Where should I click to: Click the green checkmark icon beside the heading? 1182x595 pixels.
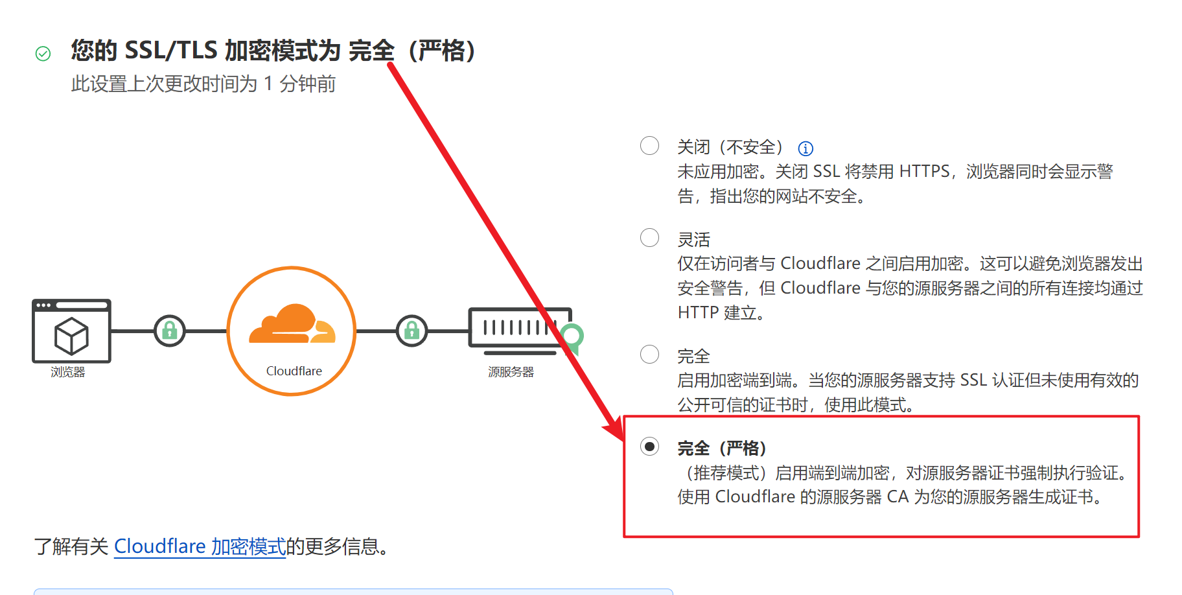click(43, 54)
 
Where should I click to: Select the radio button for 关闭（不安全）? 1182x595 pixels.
click(649, 145)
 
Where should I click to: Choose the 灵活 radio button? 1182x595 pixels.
click(649, 238)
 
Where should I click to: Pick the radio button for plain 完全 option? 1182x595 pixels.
click(649, 355)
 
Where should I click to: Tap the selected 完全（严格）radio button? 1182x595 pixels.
click(649, 447)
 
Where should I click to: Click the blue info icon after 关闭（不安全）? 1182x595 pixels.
click(805, 148)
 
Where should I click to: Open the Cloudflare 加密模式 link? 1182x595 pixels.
click(200, 546)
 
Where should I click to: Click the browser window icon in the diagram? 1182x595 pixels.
click(71, 331)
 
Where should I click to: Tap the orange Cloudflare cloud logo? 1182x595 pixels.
click(292, 323)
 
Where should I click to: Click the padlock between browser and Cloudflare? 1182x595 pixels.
click(170, 331)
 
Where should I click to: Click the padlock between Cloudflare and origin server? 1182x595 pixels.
click(411, 331)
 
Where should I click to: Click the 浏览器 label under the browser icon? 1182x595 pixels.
click(68, 372)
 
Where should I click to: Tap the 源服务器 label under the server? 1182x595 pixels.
click(511, 372)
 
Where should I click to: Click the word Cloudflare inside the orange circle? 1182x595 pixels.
click(294, 371)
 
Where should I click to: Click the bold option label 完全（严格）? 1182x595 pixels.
click(722, 448)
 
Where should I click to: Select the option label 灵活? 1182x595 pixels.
click(693, 240)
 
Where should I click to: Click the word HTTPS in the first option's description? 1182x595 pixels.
click(924, 172)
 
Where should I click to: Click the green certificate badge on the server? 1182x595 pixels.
click(572, 336)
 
